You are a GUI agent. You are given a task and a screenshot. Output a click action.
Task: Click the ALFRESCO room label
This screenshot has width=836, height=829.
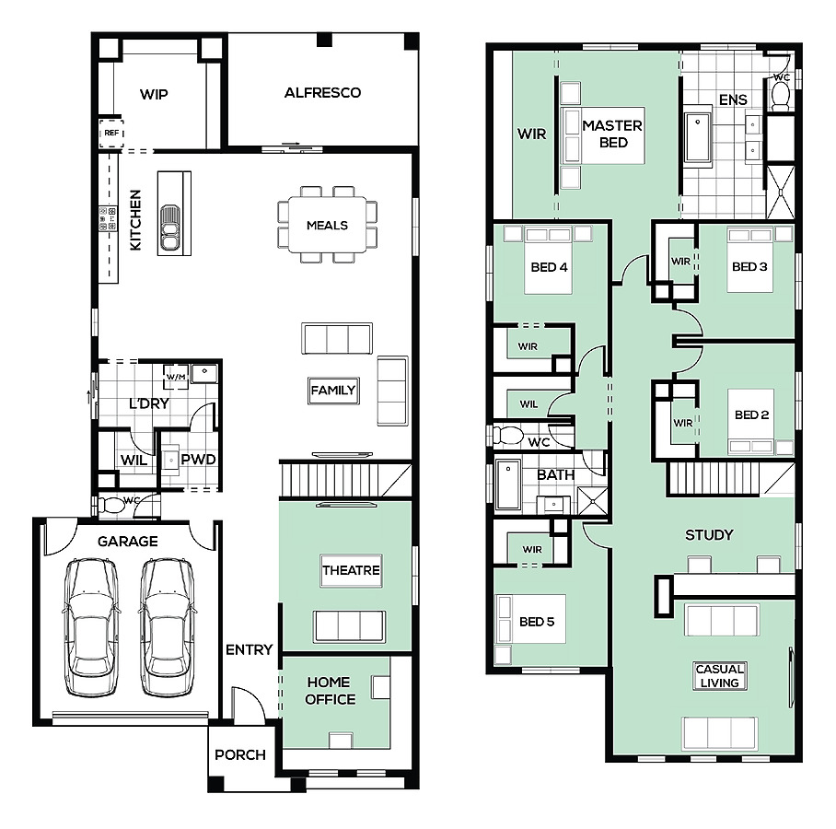click(x=322, y=93)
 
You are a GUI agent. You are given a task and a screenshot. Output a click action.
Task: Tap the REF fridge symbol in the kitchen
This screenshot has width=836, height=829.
click(x=111, y=133)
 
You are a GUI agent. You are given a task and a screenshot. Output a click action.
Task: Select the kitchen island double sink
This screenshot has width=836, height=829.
click(x=169, y=228)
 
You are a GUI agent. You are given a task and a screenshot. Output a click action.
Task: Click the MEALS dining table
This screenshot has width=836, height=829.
click(x=328, y=225)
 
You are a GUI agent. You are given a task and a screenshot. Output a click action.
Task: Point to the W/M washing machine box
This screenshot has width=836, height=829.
click(x=176, y=377)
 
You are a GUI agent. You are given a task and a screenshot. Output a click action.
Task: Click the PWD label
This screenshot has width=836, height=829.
click(x=198, y=460)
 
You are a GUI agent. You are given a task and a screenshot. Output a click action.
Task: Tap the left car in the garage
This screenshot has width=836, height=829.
click(x=91, y=627)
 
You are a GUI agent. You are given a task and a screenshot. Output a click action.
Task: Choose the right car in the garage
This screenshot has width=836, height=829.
click(x=167, y=627)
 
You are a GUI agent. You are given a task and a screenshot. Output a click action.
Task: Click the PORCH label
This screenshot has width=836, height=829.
click(x=240, y=754)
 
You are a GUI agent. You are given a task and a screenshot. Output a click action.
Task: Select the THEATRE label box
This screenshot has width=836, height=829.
click(x=352, y=570)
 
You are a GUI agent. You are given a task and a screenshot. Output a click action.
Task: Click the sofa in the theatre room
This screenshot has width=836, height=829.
click(x=349, y=625)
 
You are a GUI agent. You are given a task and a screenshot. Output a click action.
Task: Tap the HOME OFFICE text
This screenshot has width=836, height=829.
click(x=330, y=690)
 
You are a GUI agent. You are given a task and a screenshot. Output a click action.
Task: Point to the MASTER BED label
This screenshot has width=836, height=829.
click(x=612, y=134)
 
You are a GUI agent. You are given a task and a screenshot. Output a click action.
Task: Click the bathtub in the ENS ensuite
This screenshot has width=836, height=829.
click(x=698, y=137)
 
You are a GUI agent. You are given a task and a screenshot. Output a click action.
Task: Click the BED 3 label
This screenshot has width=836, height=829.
click(x=749, y=266)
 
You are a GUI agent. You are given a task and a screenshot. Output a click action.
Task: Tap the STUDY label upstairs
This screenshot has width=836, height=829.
click(x=709, y=534)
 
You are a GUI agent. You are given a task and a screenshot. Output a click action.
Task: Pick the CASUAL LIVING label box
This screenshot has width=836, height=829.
click(x=719, y=676)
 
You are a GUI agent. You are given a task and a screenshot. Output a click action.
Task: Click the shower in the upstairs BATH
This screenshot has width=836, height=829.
click(x=592, y=500)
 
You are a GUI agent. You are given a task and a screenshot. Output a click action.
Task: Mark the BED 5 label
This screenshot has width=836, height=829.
click(x=537, y=622)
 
